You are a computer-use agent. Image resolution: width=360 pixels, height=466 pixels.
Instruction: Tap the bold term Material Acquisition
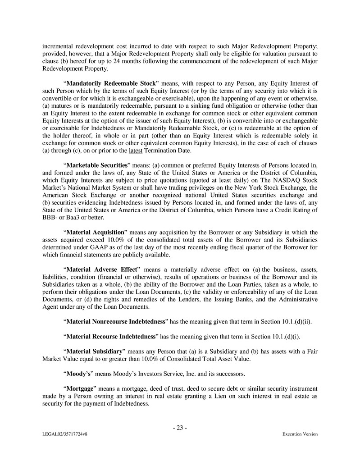[x=95, y=232]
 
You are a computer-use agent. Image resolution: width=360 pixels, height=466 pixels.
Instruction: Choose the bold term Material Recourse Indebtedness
[x=111, y=336]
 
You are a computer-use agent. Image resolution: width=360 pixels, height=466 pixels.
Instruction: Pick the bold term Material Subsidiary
[x=95, y=351]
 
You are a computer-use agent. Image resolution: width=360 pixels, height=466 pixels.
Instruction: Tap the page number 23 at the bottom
[x=180, y=428]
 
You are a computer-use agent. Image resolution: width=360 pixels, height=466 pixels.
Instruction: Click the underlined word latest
[x=136, y=150]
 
